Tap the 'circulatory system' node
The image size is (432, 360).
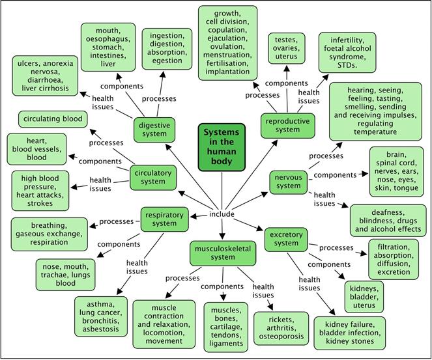[153, 177]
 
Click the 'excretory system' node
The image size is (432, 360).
[285, 238]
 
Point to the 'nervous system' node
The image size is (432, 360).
[288, 182]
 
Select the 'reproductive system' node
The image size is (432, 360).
[287, 124]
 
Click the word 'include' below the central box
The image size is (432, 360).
[222, 214]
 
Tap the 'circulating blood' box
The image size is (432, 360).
[52, 119]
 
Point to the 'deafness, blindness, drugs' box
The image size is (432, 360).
[388, 220]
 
